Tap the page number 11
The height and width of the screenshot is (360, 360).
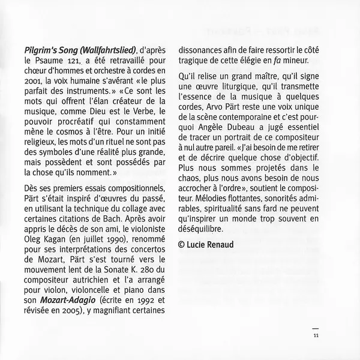[x=316, y=335]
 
